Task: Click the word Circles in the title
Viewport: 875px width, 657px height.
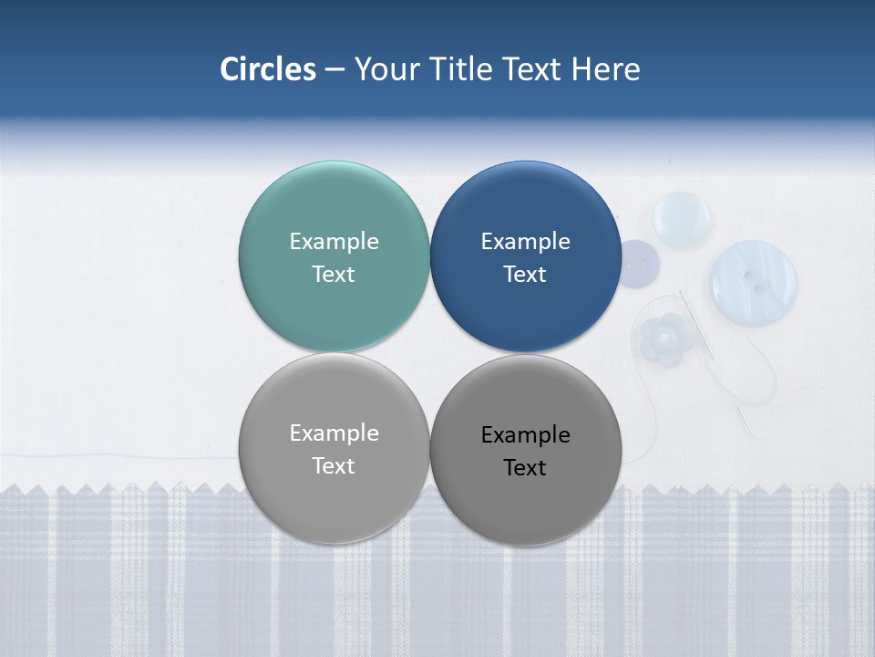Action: [x=268, y=69]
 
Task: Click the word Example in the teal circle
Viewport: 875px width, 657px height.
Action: [x=334, y=242]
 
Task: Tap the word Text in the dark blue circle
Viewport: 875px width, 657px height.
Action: [x=525, y=275]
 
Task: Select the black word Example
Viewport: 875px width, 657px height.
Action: [x=525, y=435]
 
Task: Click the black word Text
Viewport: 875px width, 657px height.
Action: [x=525, y=468]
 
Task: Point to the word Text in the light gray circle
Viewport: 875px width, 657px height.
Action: [x=334, y=466]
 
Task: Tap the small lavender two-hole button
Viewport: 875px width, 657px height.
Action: [x=638, y=263]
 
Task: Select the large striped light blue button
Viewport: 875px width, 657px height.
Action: [x=753, y=281]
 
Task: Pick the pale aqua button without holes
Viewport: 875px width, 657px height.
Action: [x=682, y=219]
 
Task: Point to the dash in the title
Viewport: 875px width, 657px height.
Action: [x=335, y=69]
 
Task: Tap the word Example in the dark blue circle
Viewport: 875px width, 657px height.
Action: [x=525, y=242]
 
